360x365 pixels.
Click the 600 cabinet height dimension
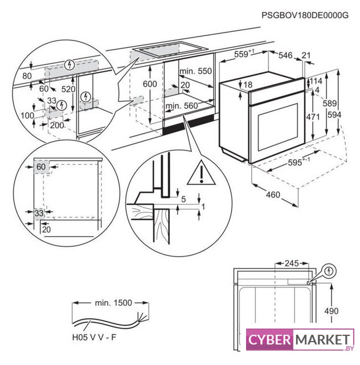150,83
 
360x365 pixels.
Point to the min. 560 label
181,106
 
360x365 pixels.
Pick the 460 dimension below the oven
273,195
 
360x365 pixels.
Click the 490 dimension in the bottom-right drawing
332,311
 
